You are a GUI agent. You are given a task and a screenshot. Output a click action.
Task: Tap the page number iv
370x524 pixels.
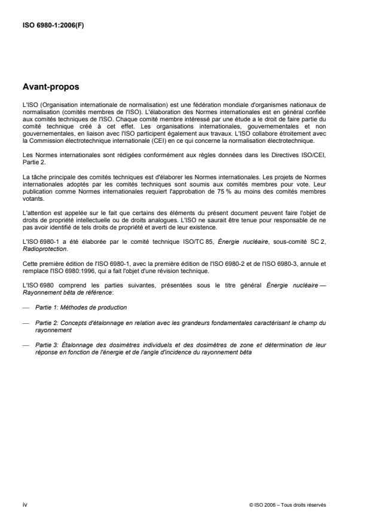pyautogui.click(x=24, y=504)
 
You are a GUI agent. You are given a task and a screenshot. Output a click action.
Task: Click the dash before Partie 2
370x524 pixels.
pyautogui.click(x=25, y=322)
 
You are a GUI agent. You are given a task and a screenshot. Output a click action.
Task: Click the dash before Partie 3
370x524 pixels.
pyautogui.click(x=25, y=343)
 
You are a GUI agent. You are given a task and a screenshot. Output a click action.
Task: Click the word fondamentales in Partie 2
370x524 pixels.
pyautogui.click(x=212, y=322)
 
